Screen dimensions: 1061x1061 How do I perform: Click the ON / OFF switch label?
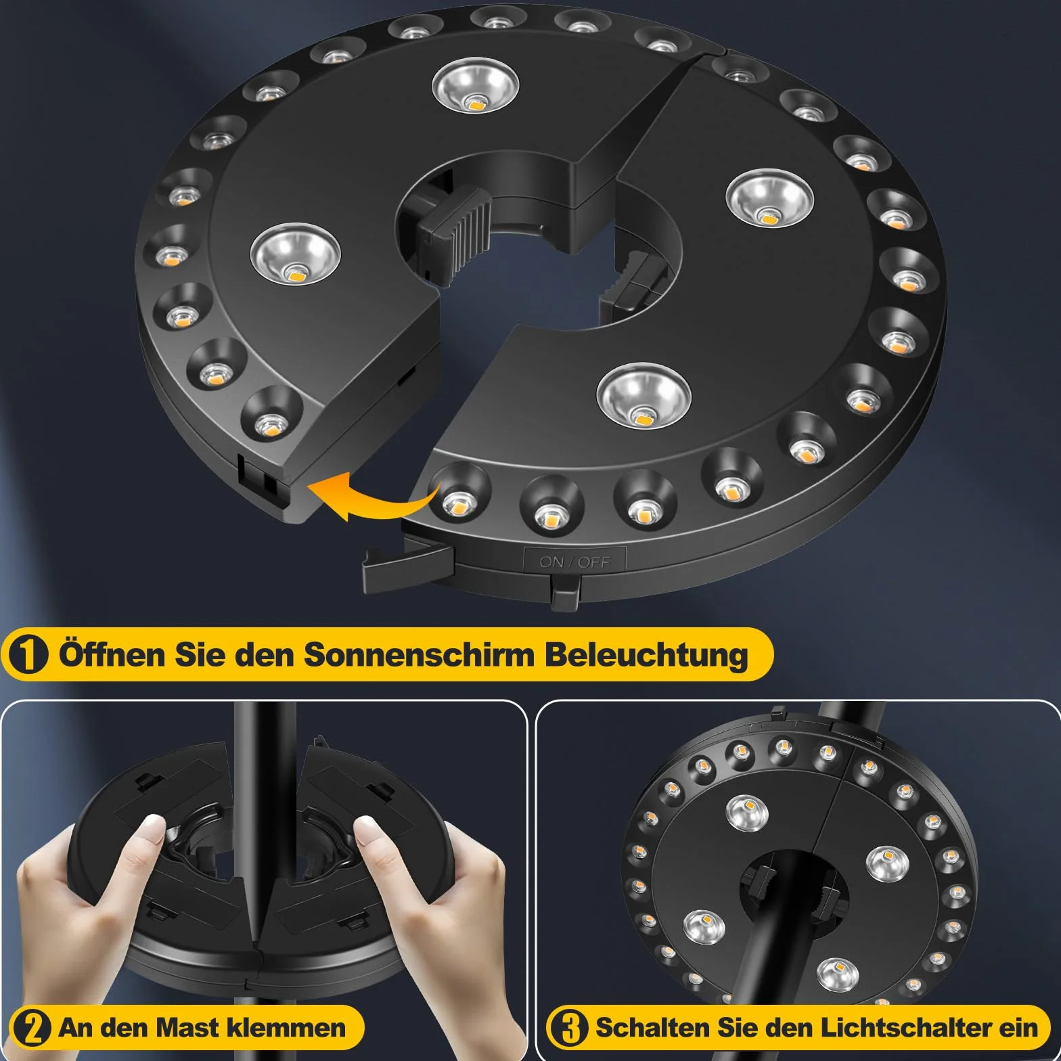[x=574, y=562]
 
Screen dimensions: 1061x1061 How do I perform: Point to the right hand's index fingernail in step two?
[x=367, y=827]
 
